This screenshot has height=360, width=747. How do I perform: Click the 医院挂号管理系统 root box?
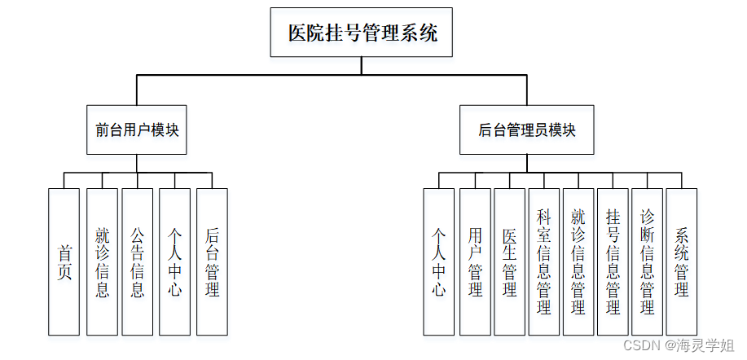pos(363,33)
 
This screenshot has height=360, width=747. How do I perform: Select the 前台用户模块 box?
pos(137,130)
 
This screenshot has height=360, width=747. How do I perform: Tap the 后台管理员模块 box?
pos(527,130)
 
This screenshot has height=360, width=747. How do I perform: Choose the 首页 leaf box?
pos(64,261)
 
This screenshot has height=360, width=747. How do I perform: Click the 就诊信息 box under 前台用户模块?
pos(102,261)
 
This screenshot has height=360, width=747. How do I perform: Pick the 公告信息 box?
pos(138,261)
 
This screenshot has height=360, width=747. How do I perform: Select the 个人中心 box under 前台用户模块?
pos(174,261)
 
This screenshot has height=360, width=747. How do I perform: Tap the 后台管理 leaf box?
pos(212,261)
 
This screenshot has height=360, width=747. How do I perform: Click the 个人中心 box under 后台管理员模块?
pos(438,261)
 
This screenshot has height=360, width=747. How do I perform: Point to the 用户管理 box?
pos(475,261)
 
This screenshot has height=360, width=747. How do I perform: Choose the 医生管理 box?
pos(509,261)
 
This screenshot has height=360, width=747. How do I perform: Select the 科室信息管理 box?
pos(544,261)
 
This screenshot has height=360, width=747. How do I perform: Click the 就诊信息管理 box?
pos(578,261)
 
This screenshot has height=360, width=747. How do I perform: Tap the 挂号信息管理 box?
pos(613,261)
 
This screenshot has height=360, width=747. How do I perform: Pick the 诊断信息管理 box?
pos(647,261)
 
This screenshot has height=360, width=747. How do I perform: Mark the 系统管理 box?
pos(682,261)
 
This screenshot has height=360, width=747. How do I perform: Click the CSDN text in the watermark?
pos(640,345)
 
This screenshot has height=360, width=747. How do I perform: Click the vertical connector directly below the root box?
pos(363,66)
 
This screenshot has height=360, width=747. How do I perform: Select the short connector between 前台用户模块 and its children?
pos(137,164)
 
